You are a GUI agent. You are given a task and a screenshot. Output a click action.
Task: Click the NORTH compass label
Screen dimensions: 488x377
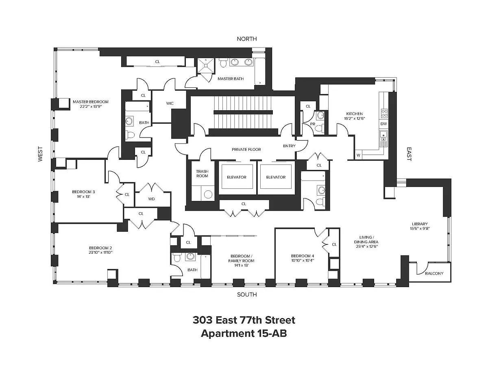click(246, 39)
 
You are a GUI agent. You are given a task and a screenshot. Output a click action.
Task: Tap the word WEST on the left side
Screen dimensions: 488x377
click(40, 154)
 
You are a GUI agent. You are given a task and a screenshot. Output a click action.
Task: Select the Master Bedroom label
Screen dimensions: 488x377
click(91, 102)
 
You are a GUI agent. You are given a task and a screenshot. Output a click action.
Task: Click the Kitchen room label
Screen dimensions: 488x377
click(354, 113)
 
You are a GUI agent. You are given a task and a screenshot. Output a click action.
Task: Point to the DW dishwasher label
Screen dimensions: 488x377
click(383, 124)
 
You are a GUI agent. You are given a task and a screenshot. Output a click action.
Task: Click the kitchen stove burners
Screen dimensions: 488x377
click(384, 113)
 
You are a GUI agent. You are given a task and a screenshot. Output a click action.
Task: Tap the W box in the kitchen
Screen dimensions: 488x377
click(358, 155)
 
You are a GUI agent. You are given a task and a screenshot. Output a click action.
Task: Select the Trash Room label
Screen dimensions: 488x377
click(202, 174)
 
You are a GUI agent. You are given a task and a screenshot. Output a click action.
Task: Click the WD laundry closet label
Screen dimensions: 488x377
click(151, 199)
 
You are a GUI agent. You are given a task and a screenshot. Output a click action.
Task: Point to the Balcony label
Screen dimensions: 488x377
click(434, 273)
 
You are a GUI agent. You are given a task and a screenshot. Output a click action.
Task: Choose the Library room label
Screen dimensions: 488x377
click(420, 224)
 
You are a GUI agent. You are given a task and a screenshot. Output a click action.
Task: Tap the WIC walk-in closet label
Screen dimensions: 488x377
click(170, 103)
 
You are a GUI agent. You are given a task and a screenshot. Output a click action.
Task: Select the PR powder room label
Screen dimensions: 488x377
click(313, 124)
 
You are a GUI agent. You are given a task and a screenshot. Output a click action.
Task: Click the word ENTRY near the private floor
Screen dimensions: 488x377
click(289, 146)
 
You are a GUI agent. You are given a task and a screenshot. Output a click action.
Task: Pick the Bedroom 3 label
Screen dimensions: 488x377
click(83, 192)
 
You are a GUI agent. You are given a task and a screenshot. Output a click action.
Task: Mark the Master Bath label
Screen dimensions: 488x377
click(231, 79)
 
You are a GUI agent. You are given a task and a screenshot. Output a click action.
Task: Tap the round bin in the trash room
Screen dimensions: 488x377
click(208, 194)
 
